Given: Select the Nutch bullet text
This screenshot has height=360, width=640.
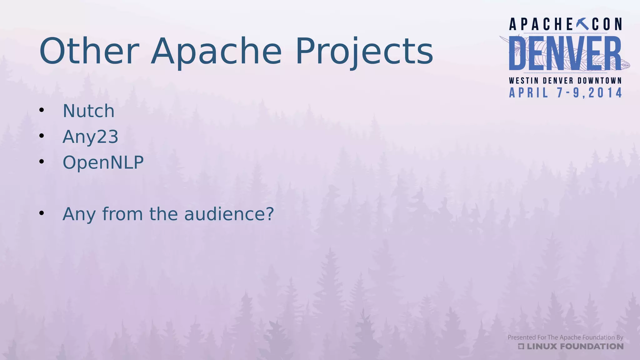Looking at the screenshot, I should point(88,111).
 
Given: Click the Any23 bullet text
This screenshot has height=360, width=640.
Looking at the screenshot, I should point(90,137).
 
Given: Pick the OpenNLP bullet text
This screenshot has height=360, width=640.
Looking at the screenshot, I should point(103,162).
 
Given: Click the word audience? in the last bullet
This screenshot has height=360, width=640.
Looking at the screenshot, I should point(229,214).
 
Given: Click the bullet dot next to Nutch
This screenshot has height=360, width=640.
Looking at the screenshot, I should point(42,110).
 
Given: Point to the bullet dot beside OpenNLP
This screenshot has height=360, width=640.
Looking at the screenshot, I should point(42,162).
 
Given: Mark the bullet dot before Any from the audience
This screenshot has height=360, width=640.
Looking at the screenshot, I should point(42,213).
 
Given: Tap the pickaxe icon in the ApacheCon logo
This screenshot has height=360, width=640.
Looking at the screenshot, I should point(582,24).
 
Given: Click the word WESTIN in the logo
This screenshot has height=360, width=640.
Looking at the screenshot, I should point(524,81).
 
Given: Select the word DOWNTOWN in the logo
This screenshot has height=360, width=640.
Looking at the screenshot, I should point(600,81).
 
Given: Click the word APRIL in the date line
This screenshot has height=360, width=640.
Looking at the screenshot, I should point(528,93).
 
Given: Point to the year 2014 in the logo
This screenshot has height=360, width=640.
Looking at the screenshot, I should point(605,93).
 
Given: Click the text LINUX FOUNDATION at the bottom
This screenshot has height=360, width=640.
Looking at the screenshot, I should point(575,346).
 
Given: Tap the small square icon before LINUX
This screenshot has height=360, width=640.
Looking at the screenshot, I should point(521,346).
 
